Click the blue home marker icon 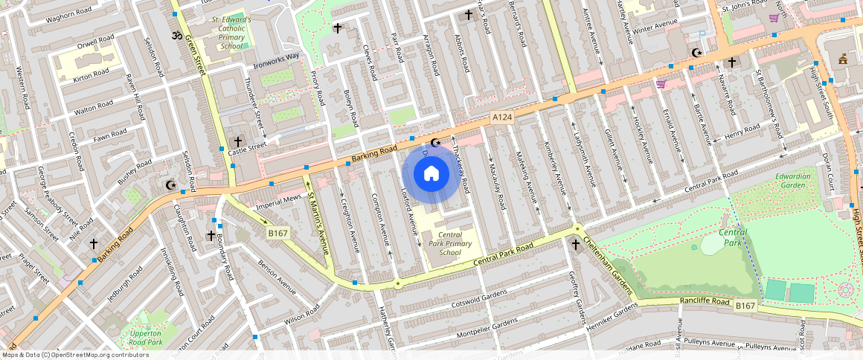431,174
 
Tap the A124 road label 502,118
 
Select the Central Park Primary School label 450,243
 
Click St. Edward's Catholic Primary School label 231,33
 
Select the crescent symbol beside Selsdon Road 171,185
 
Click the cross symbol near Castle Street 238,141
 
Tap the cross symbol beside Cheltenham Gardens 575,244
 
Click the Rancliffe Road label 705,301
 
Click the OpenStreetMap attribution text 74,355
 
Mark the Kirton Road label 92,76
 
